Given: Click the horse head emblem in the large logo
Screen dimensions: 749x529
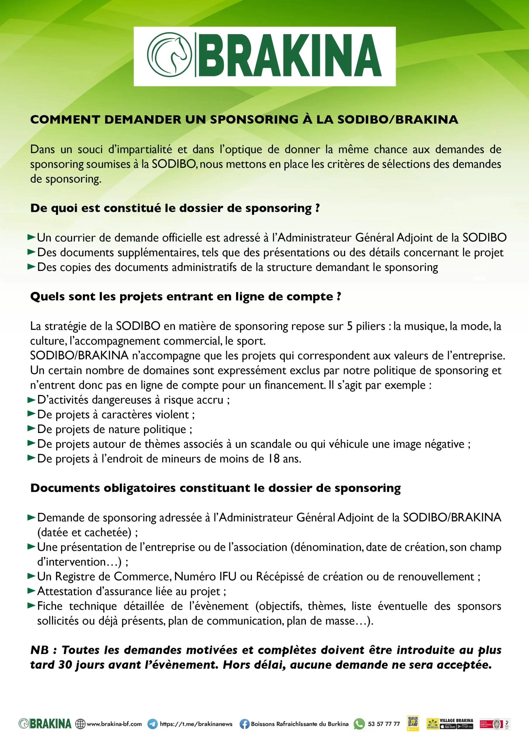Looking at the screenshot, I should click(170, 55).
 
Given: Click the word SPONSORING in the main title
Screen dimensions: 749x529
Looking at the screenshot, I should click(254, 120).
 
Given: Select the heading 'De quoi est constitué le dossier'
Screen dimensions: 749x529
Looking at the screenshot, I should click(175, 208).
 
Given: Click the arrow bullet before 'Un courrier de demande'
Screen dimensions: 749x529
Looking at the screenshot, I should click(31, 237).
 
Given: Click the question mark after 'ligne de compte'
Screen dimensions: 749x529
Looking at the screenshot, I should click(339, 296).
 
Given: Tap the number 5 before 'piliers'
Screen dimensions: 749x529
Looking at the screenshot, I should click(350, 326).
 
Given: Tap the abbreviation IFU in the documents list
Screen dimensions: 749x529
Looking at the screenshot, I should click(227, 576).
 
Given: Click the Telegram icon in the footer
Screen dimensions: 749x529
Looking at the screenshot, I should click(153, 724).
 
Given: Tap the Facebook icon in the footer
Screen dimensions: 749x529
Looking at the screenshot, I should click(244, 724).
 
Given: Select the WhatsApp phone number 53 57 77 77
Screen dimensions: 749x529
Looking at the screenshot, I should click(384, 724).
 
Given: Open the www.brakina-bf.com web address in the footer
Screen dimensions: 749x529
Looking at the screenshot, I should click(114, 724).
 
